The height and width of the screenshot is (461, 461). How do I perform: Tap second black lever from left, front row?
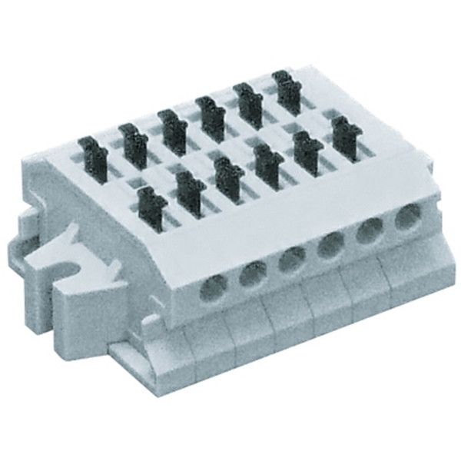[187, 184]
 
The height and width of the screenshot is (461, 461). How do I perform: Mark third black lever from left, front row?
[226, 170]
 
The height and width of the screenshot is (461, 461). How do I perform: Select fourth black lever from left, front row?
[266, 157]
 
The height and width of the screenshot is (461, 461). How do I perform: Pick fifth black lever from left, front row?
[306, 143]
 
